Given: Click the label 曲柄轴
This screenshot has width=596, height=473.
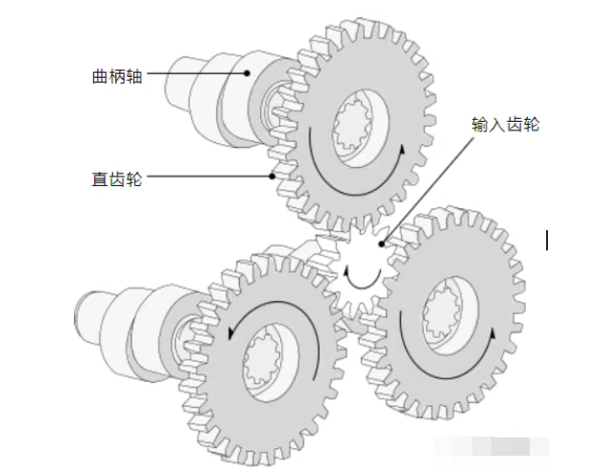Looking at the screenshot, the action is click(117, 76).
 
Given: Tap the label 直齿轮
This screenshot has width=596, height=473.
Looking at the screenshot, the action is click(117, 178).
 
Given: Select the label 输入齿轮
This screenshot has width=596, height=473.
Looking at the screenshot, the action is click(506, 124).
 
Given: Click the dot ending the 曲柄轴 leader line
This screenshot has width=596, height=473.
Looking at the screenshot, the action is click(247, 73).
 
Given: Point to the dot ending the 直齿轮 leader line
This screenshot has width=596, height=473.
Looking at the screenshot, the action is click(273, 176).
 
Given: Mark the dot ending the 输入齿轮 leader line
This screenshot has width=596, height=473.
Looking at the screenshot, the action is click(382, 245).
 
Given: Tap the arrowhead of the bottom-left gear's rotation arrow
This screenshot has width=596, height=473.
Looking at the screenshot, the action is click(231, 333).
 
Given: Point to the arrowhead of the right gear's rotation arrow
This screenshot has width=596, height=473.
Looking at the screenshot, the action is click(492, 334).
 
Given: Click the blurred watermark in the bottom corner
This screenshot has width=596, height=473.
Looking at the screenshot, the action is click(491, 446).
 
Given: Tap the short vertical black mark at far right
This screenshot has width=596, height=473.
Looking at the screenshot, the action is click(547, 240).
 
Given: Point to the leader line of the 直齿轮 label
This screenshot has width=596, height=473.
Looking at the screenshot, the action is click(209, 176).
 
